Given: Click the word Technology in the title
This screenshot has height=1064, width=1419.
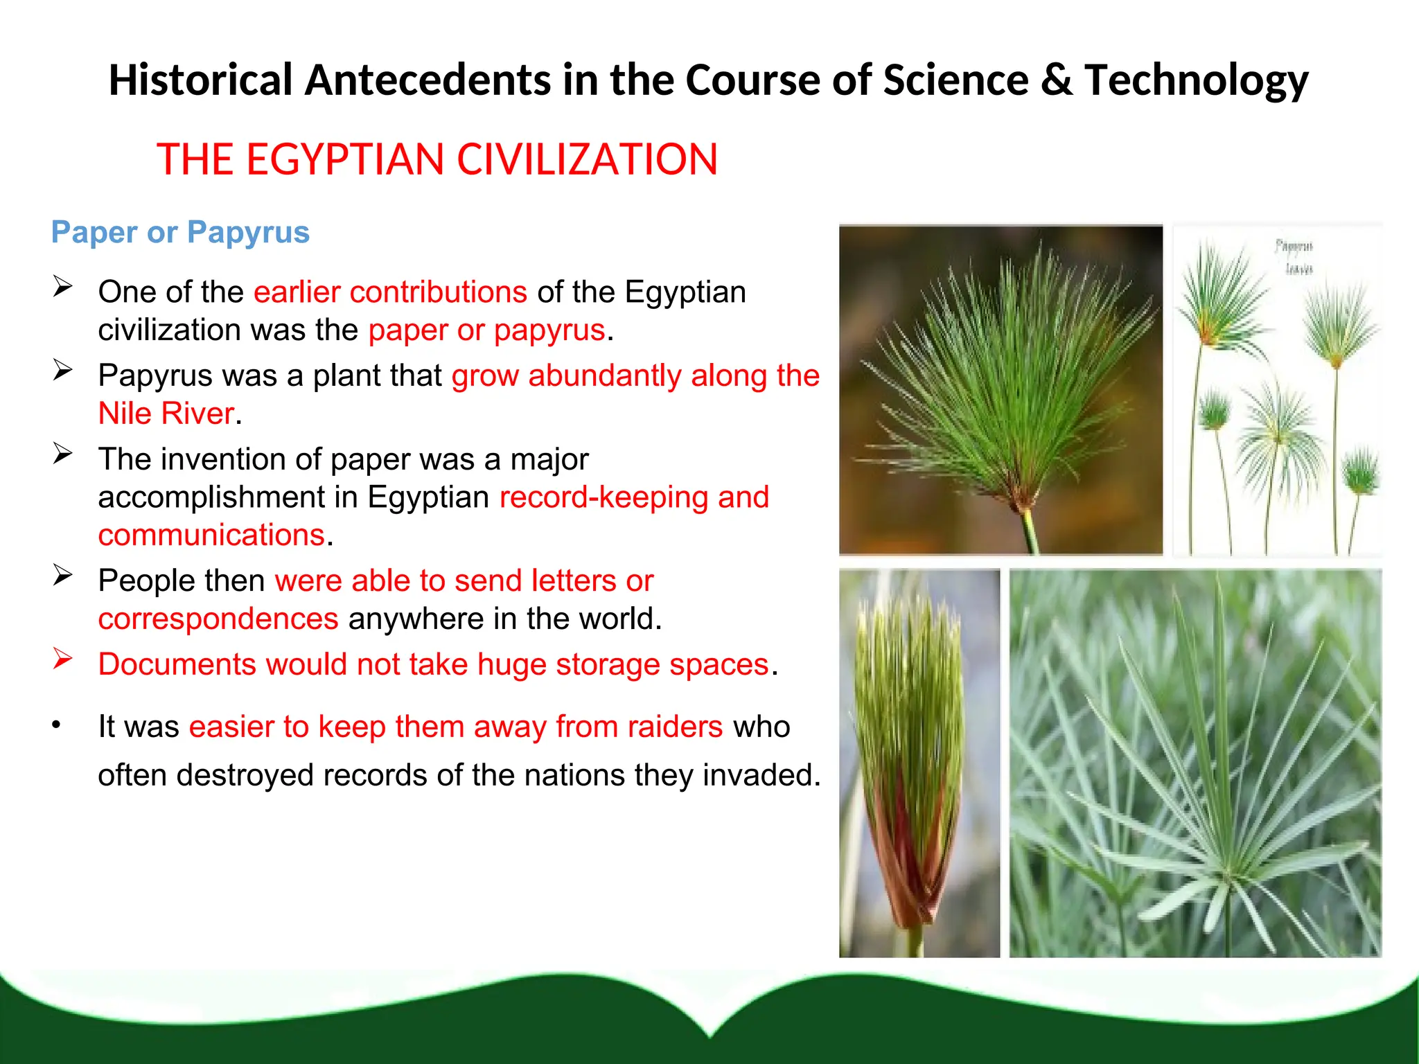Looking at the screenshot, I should [1196, 80].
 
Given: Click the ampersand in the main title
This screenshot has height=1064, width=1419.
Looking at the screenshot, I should [1056, 80].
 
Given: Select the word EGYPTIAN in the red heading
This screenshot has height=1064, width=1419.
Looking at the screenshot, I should [344, 159].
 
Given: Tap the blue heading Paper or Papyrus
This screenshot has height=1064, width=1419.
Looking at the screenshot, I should [180, 232].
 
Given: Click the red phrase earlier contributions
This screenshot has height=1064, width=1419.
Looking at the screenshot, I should [390, 292].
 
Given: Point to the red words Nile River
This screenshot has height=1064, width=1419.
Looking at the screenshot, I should [166, 414].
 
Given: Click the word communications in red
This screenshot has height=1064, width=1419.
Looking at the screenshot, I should [211, 535].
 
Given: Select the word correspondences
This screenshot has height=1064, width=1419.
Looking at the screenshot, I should [218, 619].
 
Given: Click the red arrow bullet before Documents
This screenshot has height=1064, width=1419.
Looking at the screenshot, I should [62, 659].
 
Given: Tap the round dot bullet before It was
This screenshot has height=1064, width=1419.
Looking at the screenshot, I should [57, 725].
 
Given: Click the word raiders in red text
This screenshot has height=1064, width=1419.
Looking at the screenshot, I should [675, 727].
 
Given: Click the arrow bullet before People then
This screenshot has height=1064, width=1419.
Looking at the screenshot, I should [62, 575].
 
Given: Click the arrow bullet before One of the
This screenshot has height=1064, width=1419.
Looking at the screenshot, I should [62, 287].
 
